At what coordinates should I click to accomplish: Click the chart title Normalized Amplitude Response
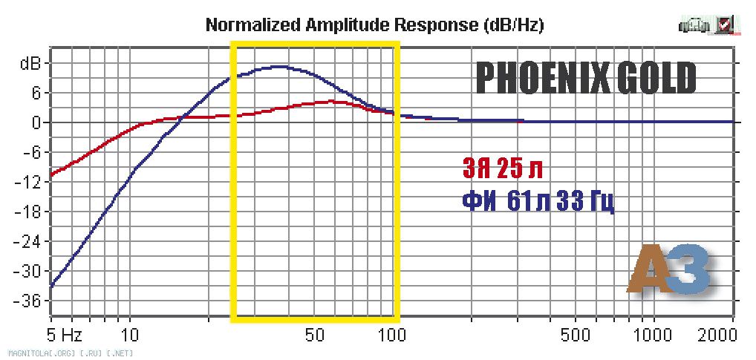pos(374,25)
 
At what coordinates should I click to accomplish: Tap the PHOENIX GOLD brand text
pos(586,78)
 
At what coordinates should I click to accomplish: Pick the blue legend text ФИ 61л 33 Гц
pos(538,200)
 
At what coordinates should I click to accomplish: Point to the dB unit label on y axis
pos(30,63)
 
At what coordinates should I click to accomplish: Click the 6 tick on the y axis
pos(35,93)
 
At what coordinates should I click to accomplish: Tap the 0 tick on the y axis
pos(35,122)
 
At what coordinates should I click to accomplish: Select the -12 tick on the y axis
pos(30,182)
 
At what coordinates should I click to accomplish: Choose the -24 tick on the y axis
pos(30,241)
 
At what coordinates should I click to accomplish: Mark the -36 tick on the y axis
pos(30,301)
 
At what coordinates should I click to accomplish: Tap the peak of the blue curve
pos(278,67)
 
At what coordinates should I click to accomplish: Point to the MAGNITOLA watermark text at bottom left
pos(71,352)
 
